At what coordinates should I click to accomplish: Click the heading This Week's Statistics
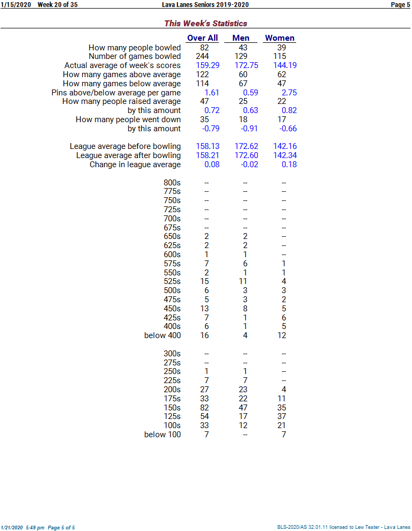[x=205, y=23]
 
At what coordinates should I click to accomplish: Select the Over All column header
[x=202, y=38]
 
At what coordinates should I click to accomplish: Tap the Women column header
[x=279, y=38]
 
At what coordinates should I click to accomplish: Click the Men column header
[x=241, y=38]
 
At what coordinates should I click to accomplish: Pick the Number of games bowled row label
[x=135, y=56]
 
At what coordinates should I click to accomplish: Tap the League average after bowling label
[x=128, y=155]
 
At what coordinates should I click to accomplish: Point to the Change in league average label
[x=135, y=164]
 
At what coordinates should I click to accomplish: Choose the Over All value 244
[x=202, y=56]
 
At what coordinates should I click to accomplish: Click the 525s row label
[x=172, y=281]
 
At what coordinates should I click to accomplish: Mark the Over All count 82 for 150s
[x=204, y=407]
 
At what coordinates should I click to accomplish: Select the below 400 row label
[x=163, y=335]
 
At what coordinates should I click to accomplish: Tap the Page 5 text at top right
[x=400, y=5]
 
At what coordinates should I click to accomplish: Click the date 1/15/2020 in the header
[x=16, y=5]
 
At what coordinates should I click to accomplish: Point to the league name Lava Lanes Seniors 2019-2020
[x=205, y=5]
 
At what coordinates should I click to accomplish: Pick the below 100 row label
[x=163, y=435]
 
